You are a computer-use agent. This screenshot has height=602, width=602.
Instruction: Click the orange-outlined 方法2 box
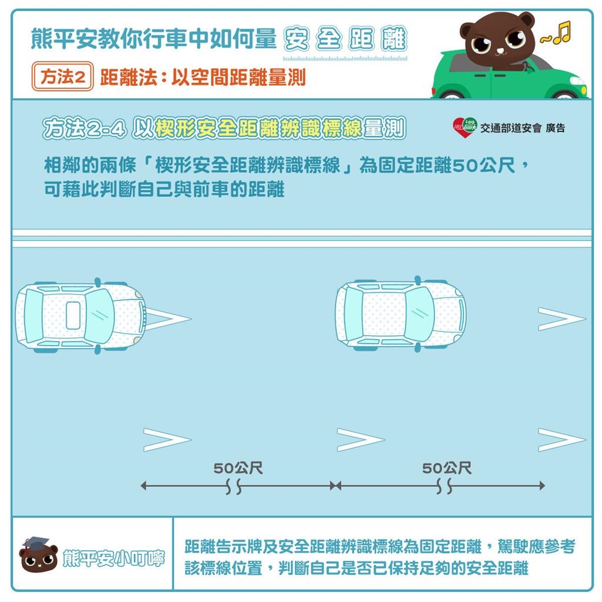tap(63, 77)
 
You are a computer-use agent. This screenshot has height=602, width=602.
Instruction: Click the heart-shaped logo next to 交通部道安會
tap(464, 128)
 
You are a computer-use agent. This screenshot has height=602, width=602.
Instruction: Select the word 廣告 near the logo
tap(555, 128)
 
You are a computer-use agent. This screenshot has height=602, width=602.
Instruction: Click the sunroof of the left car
tap(72, 316)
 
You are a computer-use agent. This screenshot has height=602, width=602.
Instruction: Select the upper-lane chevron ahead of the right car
tap(561, 319)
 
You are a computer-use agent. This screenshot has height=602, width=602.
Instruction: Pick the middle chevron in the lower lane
tap(360, 440)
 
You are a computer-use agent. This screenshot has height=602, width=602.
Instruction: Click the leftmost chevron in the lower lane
tap(167, 440)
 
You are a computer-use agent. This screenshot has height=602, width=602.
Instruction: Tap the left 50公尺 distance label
tap(238, 469)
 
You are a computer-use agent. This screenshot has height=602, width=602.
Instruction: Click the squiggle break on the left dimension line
tap(233, 487)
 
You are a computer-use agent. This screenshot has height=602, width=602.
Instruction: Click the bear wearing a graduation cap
tap(39, 556)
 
